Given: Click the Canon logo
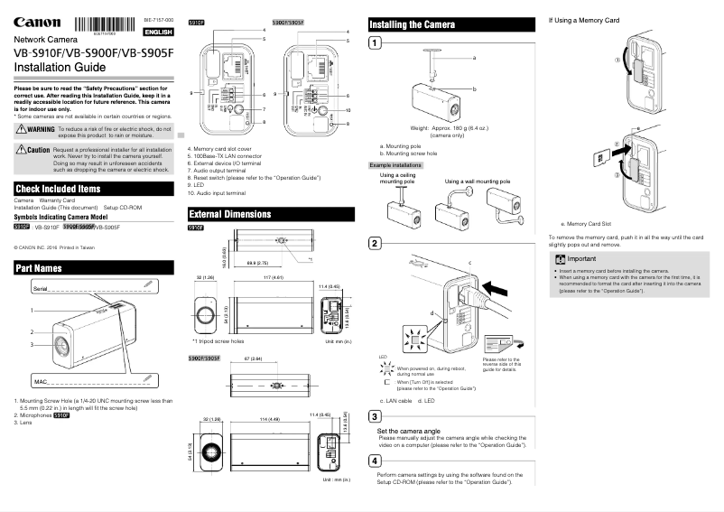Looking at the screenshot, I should coord(32,23).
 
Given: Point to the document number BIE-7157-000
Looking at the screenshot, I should coord(159,18).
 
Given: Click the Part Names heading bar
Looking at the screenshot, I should coord(39,268).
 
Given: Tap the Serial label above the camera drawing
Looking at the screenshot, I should coord(41,286).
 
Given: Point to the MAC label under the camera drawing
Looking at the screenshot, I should coord(40,382).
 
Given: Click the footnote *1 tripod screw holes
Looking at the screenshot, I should coord(219,342).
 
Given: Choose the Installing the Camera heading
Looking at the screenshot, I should coord(413,24).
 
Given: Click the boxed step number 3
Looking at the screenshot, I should coord(375,415).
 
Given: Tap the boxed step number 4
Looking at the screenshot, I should coord(375,460).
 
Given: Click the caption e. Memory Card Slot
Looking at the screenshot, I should coord(587,222).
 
